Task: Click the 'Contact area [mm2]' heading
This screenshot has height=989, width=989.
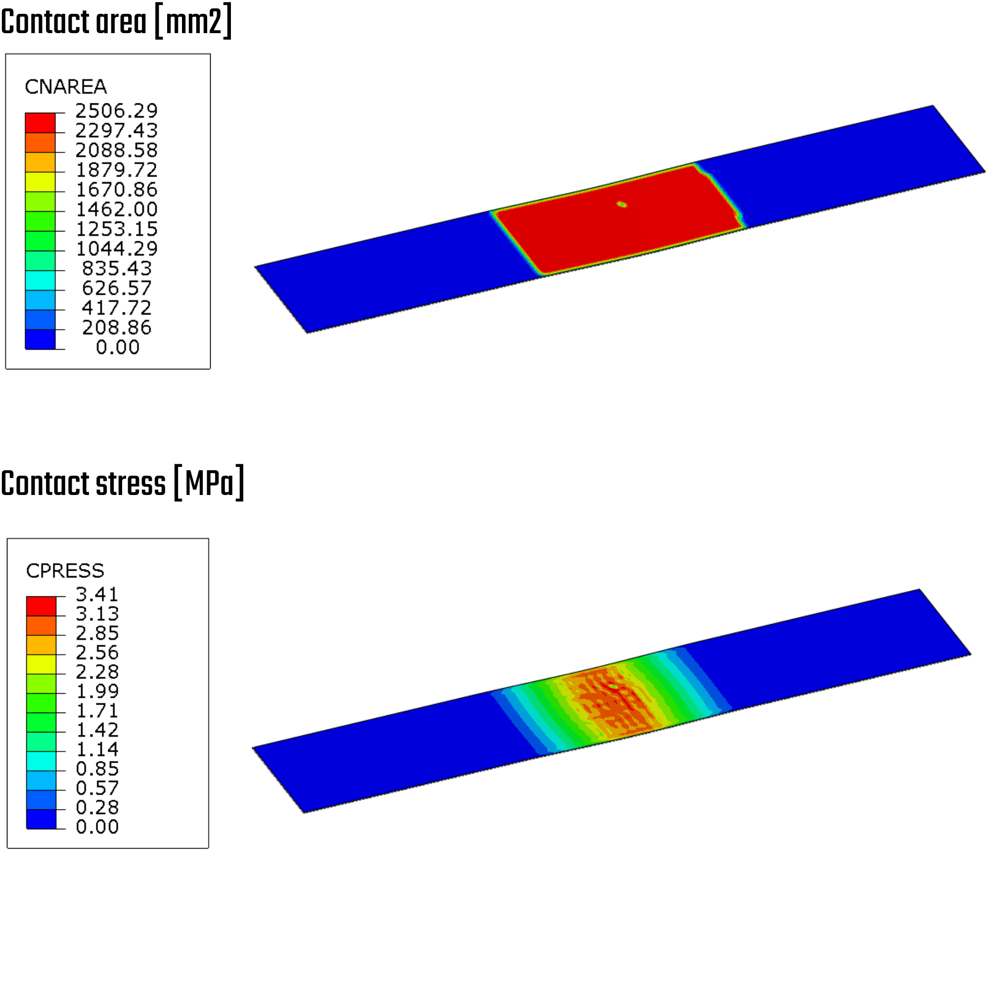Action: pos(116,21)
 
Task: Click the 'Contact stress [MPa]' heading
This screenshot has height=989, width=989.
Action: pos(122,483)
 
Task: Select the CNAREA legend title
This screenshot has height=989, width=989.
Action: pos(66,87)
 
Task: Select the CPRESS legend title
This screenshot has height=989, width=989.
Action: pos(65,571)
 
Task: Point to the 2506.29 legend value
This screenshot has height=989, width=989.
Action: pos(117,111)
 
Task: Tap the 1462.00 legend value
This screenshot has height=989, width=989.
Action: pos(117,209)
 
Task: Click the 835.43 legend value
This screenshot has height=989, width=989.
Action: pos(117,268)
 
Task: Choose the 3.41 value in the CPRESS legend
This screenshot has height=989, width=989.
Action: pos(97,594)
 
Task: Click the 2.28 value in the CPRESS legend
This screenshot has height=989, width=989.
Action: pos(97,672)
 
